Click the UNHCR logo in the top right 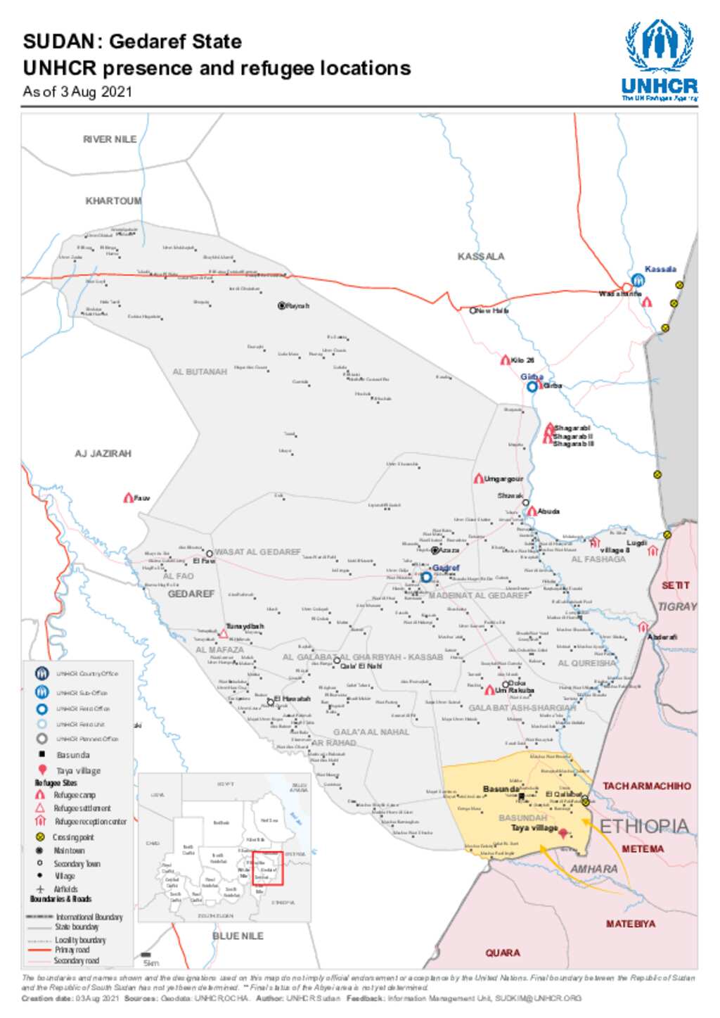(x=659, y=60)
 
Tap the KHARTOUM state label (x=113, y=201)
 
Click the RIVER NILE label (x=110, y=139)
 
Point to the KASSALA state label (x=481, y=257)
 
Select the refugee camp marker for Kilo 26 (x=505, y=360)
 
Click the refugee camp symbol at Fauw (x=128, y=498)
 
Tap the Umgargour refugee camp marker (x=478, y=478)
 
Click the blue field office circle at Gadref (x=426, y=578)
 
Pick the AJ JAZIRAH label (x=103, y=454)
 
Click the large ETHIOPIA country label (x=644, y=826)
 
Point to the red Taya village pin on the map (x=562, y=832)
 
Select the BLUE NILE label (x=238, y=936)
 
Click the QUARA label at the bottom (x=503, y=953)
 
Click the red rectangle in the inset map (x=267, y=868)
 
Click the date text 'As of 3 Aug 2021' (x=77, y=91)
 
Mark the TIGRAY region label (x=677, y=606)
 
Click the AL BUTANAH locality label (x=200, y=371)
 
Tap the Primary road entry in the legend (x=72, y=950)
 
